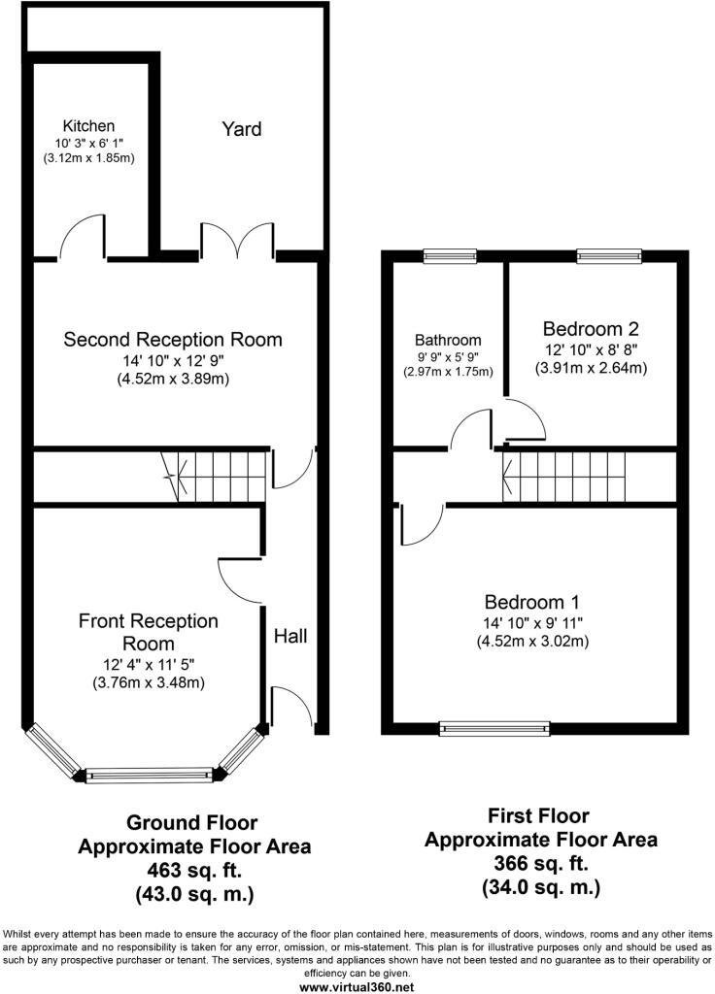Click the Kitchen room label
click(x=88, y=125)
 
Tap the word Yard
click(x=242, y=129)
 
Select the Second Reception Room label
click(x=173, y=339)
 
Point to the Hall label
click(x=290, y=636)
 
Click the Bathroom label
click(x=448, y=340)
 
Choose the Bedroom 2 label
click(x=591, y=328)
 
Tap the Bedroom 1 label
click(x=532, y=602)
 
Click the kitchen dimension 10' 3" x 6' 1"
click(x=88, y=144)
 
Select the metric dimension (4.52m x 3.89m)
click(x=173, y=380)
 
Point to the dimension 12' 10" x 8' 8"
click(x=591, y=349)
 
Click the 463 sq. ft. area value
click(x=194, y=870)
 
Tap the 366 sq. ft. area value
click(x=540, y=863)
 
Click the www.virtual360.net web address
click(x=357, y=987)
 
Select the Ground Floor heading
click(x=192, y=823)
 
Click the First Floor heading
click(x=538, y=815)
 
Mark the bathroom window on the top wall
click(x=450, y=255)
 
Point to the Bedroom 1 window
click(x=494, y=729)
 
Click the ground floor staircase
click(x=213, y=477)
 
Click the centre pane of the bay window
click(x=148, y=774)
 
